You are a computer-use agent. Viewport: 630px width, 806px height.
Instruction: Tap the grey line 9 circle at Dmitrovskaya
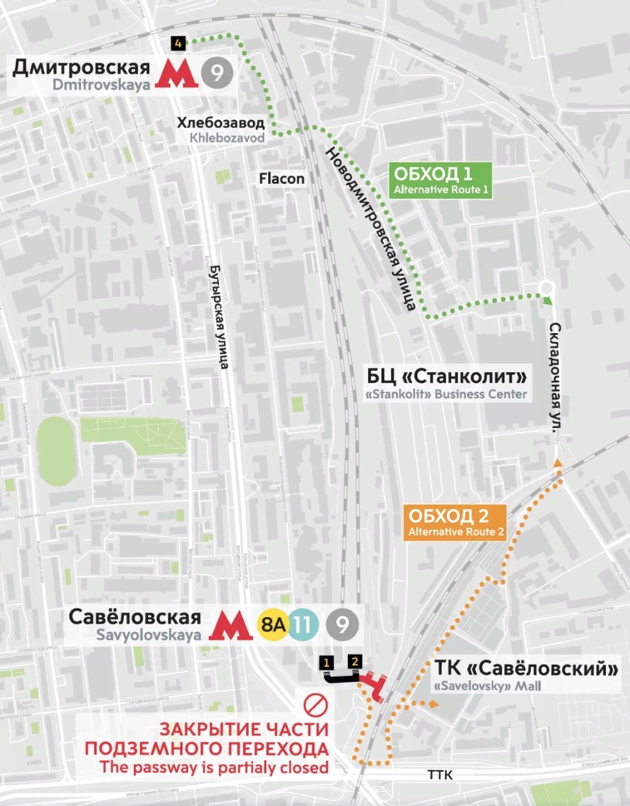click(x=217, y=74)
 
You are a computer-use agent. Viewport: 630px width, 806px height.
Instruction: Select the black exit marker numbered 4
click(x=178, y=43)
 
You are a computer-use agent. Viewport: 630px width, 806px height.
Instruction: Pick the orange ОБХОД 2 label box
click(x=456, y=523)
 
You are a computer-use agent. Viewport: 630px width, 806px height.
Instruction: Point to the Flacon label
click(x=281, y=179)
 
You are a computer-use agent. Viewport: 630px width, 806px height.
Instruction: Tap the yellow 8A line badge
click(x=273, y=625)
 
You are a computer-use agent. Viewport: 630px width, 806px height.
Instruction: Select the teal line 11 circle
click(x=303, y=625)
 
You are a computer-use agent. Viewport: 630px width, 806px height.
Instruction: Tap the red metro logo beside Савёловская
click(x=230, y=625)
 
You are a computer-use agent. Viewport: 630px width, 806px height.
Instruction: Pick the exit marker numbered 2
click(x=355, y=661)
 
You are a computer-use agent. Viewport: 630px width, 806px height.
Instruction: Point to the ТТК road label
click(x=440, y=775)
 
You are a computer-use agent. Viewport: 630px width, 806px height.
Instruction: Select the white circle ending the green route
click(x=547, y=288)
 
